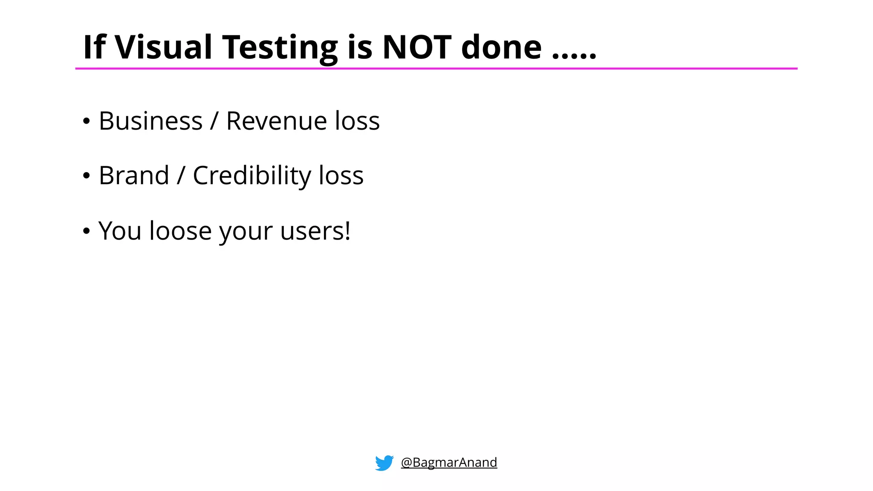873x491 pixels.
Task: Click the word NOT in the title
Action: tap(416, 47)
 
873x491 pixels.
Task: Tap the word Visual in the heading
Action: tap(163, 47)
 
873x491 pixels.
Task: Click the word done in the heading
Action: tap(501, 47)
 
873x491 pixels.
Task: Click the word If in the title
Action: tap(94, 47)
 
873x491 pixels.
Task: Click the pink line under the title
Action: tap(436, 68)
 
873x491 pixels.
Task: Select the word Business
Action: tap(150, 121)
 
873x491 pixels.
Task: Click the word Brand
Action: tap(134, 176)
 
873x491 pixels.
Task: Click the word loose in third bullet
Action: tap(180, 231)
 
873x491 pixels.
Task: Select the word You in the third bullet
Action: tap(120, 231)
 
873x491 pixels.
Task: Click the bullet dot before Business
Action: tap(87, 122)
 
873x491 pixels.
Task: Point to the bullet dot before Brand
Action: tap(87, 176)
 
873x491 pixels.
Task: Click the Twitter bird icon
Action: tap(384, 462)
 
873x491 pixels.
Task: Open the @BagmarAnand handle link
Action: tap(449, 462)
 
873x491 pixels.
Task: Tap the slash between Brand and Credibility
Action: tap(181, 176)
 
